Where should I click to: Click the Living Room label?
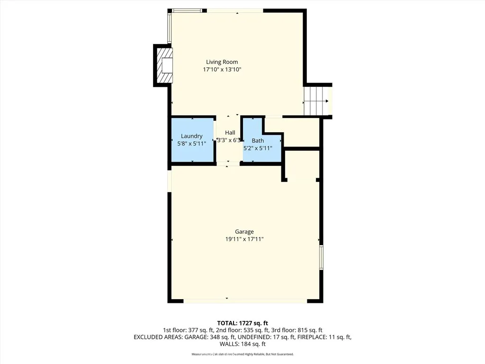(222, 62)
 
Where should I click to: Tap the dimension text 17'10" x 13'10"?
(222, 70)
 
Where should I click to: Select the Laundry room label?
(192, 136)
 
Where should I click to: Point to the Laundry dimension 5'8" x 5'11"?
(192, 144)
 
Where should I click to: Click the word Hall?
(230, 133)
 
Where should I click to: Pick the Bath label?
(258, 141)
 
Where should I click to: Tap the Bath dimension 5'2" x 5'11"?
(258, 148)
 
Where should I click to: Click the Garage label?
(244, 232)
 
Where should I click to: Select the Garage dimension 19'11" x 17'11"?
(244, 239)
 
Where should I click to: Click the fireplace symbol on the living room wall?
(166, 65)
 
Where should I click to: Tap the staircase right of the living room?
(316, 100)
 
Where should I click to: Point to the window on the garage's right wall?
(321, 257)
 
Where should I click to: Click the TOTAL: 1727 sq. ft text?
(242, 323)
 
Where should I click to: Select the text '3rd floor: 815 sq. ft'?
(297, 330)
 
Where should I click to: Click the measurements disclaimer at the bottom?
(242, 354)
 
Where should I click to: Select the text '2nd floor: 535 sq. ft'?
(241, 330)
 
